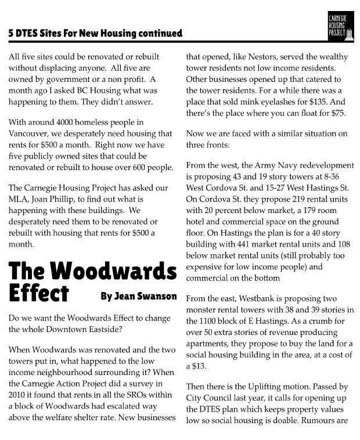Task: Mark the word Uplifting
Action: (x=254, y=386)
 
